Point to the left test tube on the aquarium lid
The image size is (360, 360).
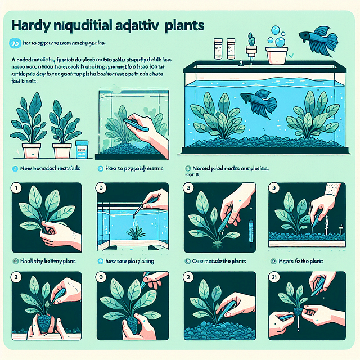pos(218,49)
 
